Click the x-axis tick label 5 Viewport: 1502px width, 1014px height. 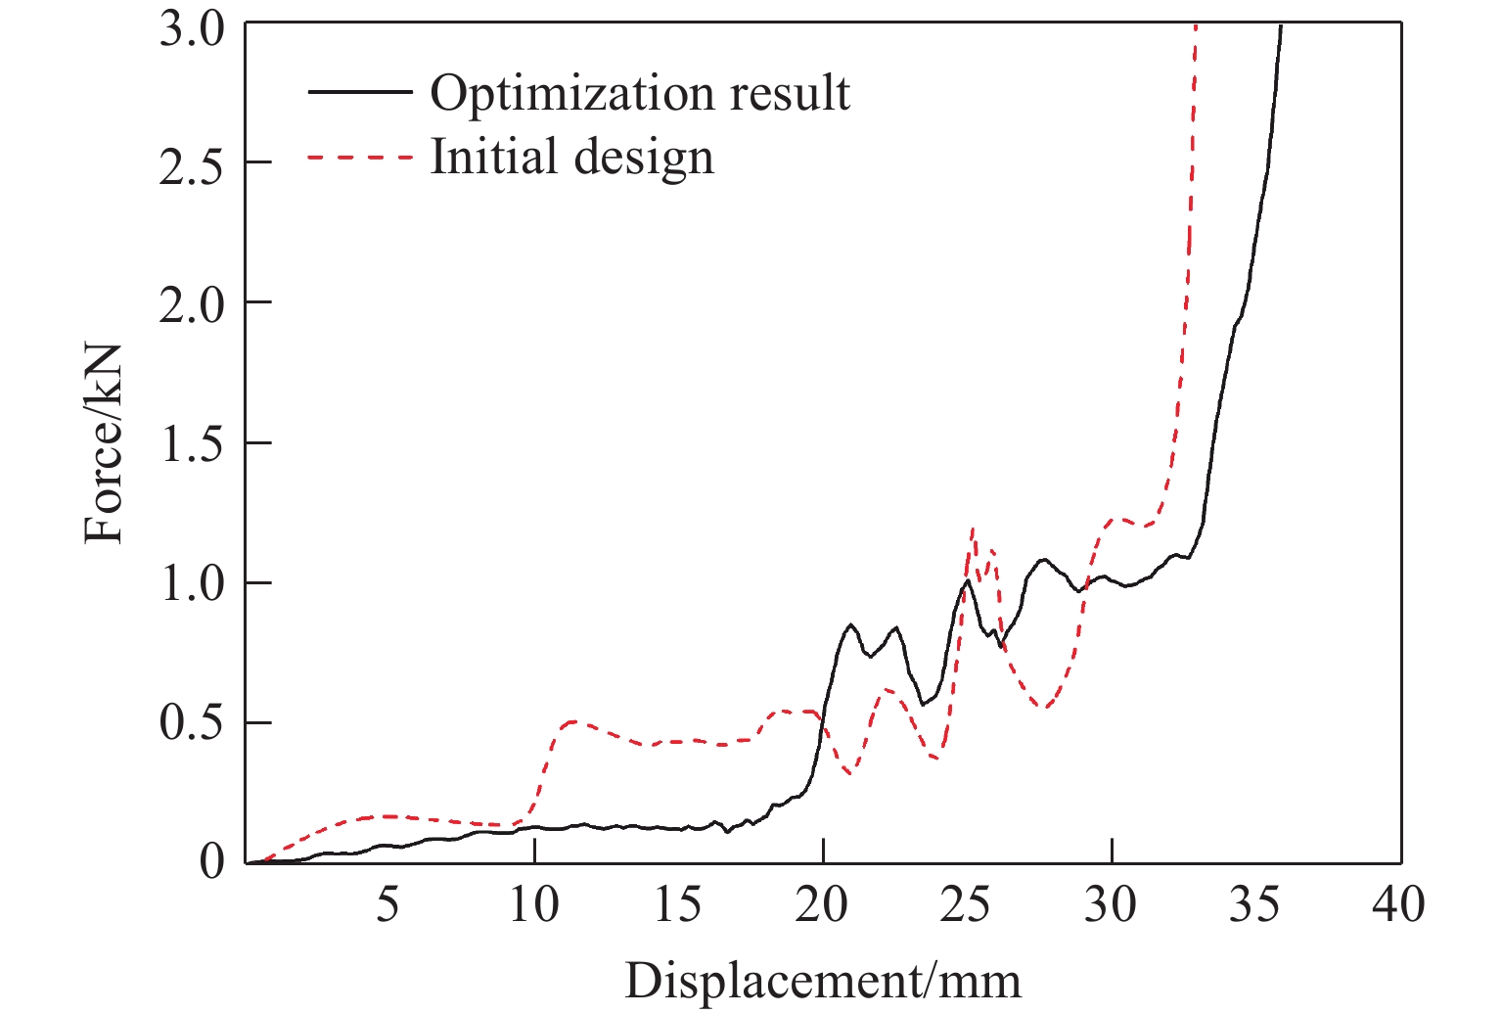click(x=388, y=905)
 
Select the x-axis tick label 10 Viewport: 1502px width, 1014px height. click(x=533, y=905)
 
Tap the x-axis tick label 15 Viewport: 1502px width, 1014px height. click(x=677, y=905)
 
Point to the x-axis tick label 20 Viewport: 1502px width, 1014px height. click(x=822, y=905)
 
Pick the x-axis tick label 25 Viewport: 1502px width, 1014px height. click(x=966, y=905)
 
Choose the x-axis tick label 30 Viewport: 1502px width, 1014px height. click(x=1111, y=905)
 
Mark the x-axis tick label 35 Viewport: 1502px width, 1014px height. click(x=1254, y=905)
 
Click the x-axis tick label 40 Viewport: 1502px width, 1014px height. click(x=1399, y=905)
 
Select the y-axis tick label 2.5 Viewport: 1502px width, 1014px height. click(x=192, y=162)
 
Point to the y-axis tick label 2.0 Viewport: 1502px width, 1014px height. click(x=192, y=302)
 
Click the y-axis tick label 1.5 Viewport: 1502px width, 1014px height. click(x=192, y=443)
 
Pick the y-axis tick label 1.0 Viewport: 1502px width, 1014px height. click(x=192, y=583)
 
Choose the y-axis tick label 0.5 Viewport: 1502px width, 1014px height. click(x=192, y=723)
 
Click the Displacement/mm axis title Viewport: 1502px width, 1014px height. click(x=822, y=982)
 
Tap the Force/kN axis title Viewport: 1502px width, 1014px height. click(x=104, y=443)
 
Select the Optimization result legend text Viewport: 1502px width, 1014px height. click(x=640, y=93)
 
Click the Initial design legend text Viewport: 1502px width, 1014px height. click(x=572, y=157)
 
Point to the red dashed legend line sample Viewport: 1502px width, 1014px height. click(x=359, y=157)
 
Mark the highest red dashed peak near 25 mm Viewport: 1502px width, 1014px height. click(x=973, y=530)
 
